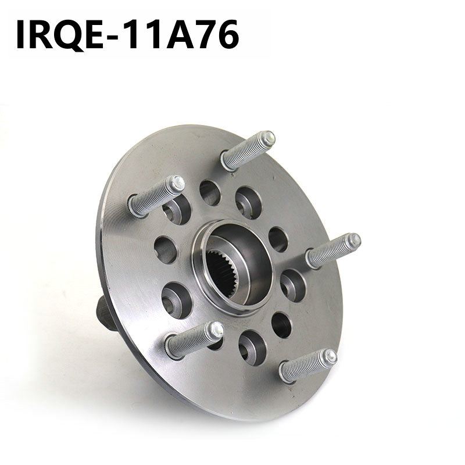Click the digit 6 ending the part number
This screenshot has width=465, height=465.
pyautogui.click(x=228, y=34)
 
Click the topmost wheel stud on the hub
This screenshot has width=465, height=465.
pyautogui.click(x=248, y=151)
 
